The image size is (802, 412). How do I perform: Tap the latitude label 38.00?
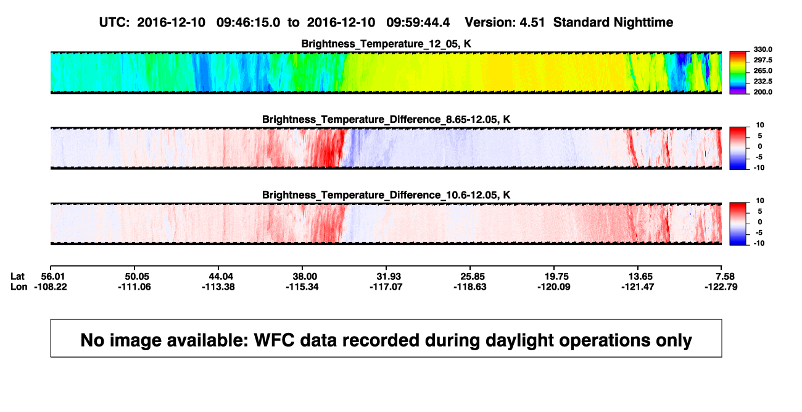(x=305, y=277)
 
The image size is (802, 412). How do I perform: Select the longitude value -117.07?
(x=386, y=287)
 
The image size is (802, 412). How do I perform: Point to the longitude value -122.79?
(x=721, y=287)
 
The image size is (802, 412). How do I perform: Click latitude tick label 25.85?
(x=473, y=277)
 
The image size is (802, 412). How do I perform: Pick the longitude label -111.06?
(x=134, y=287)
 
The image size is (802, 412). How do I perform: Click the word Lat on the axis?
(x=17, y=277)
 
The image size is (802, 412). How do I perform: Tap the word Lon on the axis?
(x=19, y=287)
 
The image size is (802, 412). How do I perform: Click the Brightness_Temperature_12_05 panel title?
(x=386, y=44)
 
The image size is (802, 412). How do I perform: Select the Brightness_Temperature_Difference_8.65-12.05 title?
(x=386, y=119)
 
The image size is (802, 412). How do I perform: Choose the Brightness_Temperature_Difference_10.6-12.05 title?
(x=386, y=195)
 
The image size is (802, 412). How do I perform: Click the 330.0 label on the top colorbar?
(x=763, y=49)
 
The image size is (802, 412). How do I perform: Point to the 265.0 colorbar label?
(x=763, y=70)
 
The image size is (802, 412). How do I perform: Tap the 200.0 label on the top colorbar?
(x=763, y=92)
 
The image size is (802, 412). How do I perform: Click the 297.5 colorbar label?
(x=763, y=60)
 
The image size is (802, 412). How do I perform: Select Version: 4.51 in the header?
(x=505, y=22)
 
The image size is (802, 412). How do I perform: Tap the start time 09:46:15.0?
(x=248, y=22)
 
